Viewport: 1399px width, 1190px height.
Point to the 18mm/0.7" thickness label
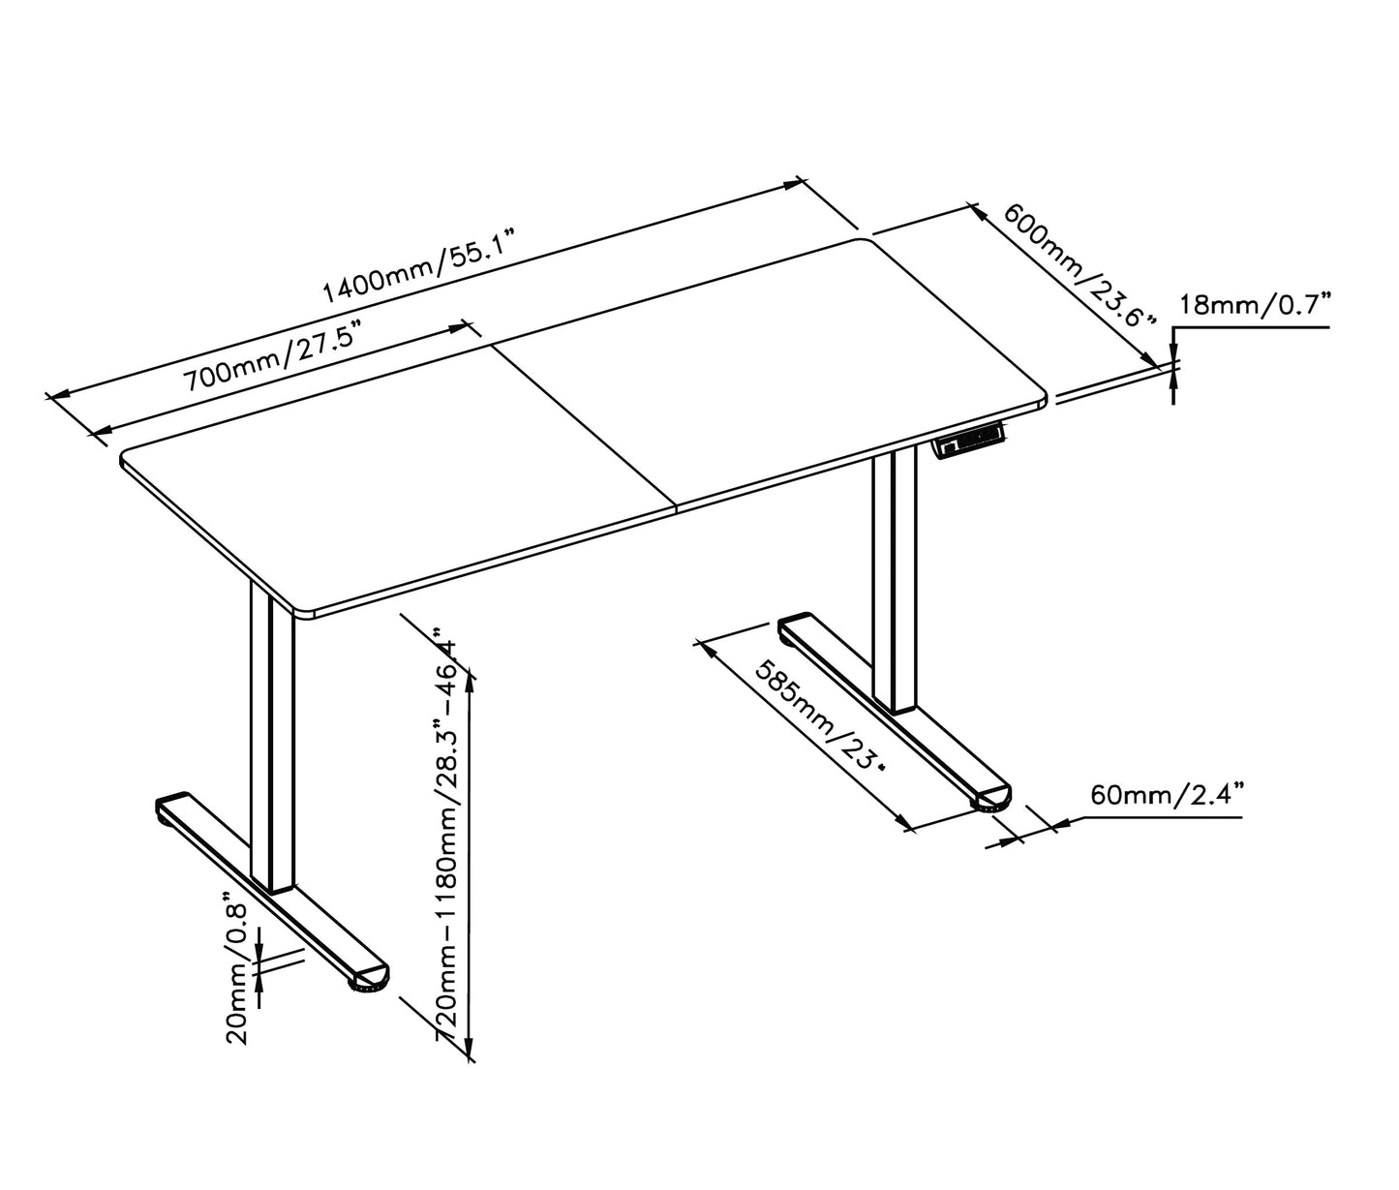(1255, 306)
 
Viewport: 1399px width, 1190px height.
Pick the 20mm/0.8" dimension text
(236, 967)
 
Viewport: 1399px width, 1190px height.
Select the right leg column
(895, 581)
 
